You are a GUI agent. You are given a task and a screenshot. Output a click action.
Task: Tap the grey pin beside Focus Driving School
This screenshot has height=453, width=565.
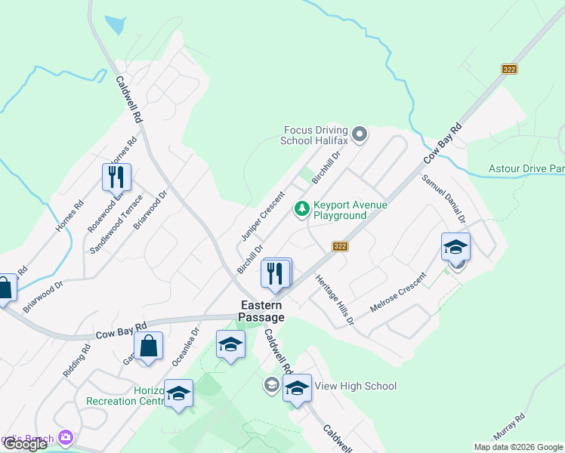coord(360,135)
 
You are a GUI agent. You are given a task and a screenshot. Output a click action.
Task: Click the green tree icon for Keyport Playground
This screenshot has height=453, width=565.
coord(302,208)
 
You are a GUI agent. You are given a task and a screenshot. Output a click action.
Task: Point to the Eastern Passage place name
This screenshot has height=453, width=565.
coord(262,311)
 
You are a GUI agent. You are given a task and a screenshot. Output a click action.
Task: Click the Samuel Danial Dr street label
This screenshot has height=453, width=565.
coord(444,199)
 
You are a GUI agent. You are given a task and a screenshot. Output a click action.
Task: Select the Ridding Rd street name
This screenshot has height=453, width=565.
coord(76,361)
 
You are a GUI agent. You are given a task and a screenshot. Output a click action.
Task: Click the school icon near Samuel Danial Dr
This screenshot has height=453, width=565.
coord(455,248)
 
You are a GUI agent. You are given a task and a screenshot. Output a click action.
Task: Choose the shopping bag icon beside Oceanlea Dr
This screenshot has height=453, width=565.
coord(149,347)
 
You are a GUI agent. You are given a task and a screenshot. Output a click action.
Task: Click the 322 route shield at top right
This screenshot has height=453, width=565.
coord(509,69)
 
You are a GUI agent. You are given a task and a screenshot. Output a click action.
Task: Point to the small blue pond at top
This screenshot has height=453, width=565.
coord(116,25)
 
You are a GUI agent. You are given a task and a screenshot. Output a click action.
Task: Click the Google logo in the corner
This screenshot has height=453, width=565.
coord(24,444)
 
